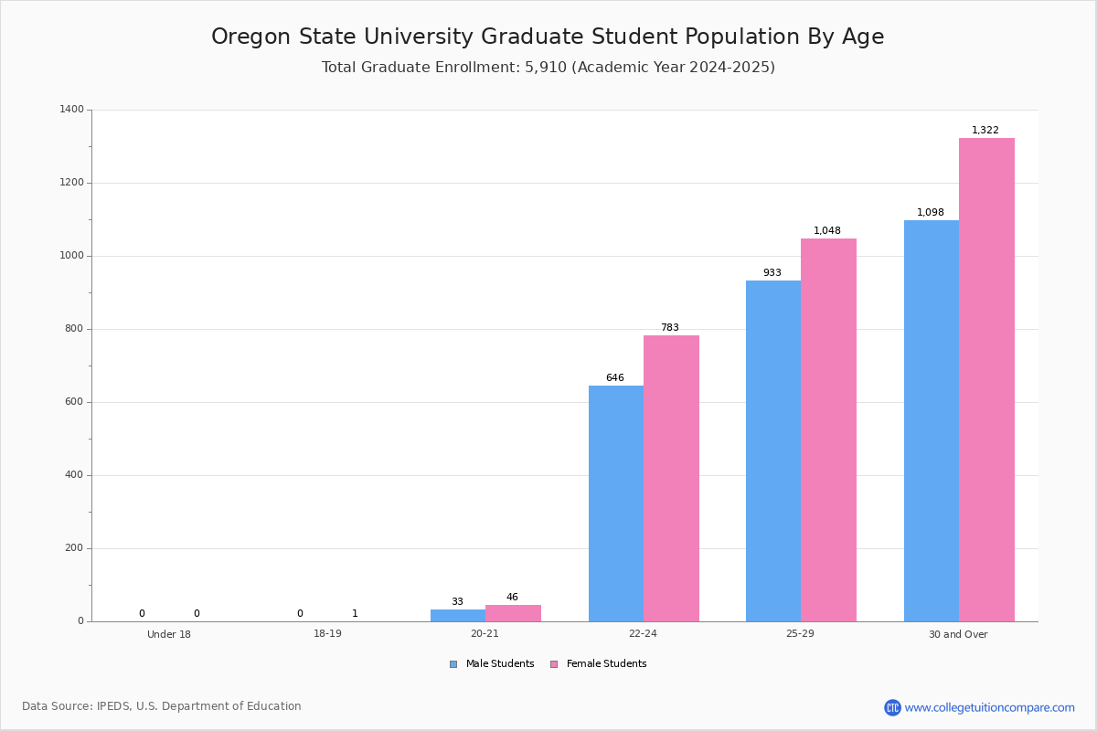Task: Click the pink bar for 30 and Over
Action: pos(986,379)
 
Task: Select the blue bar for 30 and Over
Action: pos(931,420)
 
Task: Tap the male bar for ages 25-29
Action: pos(772,450)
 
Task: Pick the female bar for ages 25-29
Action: pos(828,429)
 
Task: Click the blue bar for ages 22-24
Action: pos(615,503)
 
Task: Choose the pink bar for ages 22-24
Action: pos(671,478)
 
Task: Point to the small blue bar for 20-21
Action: pos(457,616)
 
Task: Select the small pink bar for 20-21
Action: pos(513,613)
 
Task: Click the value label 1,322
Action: pos(985,131)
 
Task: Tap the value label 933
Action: pos(772,273)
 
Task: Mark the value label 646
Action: pos(614,378)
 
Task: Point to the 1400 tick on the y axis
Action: pos(72,110)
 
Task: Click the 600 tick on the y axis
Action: pos(74,402)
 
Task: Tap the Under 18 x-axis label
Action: pos(169,634)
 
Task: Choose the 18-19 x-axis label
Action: pos(327,634)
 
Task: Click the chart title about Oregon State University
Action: pos(548,37)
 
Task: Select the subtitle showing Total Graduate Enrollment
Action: pos(548,68)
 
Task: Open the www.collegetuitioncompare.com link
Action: pos(989,707)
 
